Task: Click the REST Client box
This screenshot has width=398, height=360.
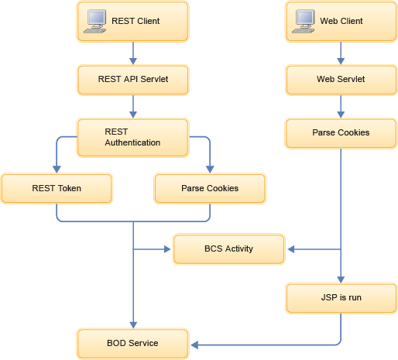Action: (x=132, y=22)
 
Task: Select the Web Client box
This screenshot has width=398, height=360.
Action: (x=341, y=22)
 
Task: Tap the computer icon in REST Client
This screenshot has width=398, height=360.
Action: (x=95, y=22)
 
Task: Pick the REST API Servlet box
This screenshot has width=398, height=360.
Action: (x=132, y=79)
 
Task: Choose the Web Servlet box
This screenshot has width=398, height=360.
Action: (x=341, y=79)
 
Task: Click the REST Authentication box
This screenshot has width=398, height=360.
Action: (x=132, y=137)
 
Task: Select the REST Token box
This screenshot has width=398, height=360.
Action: (x=57, y=188)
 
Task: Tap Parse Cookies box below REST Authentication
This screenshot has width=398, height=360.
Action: (x=210, y=188)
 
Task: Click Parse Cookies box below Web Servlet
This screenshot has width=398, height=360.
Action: (x=341, y=132)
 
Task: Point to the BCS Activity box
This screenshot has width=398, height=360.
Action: (x=228, y=249)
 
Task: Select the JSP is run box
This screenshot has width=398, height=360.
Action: (x=341, y=297)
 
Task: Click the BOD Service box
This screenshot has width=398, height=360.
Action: (x=132, y=343)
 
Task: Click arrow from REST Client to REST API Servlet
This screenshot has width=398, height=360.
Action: (x=133, y=53)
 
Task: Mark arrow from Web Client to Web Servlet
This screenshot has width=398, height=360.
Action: (x=341, y=53)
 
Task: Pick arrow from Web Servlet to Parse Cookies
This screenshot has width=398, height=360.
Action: (x=341, y=106)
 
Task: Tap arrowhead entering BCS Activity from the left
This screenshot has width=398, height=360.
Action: (x=168, y=249)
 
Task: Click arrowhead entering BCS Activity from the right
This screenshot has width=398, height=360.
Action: (x=290, y=249)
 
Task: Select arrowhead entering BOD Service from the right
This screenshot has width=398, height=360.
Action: (x=193, y=343)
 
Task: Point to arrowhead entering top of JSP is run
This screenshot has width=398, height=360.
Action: (x=341, y=279)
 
